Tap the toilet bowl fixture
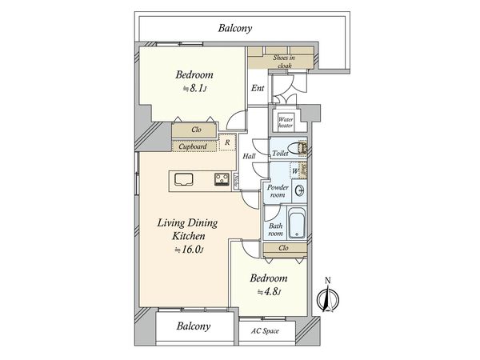click(298, 149)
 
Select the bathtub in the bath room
click(297, 223)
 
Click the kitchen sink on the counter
click(184, 179)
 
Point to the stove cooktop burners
click(222, 179)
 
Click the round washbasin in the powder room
click(300, 190)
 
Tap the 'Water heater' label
click(286, 122)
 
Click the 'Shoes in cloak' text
click(284, 62)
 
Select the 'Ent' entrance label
click(258, 88)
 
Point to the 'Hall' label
click(249, 156)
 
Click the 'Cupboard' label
click(193, 146)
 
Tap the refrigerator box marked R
click(227, 142)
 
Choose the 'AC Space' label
click(265, 331)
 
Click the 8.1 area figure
click(197, 89)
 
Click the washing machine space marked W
click(294, 171)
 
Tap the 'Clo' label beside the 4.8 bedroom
click(283, 248)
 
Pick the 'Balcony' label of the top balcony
click(235, 28)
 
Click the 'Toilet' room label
click(280, 153)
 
